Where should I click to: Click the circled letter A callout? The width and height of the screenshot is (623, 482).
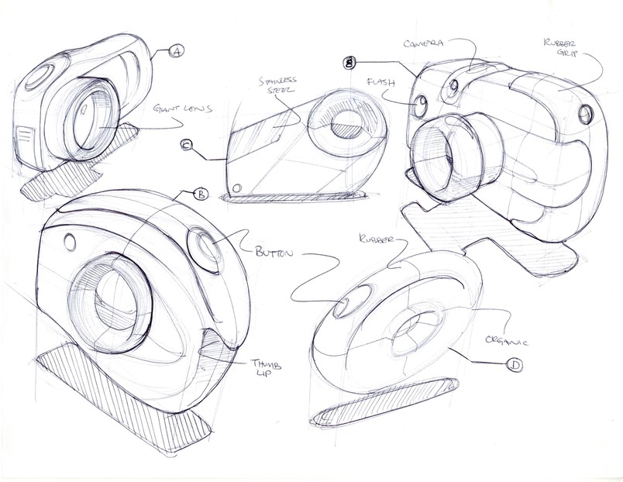pyautogui.click(x=176, y=51)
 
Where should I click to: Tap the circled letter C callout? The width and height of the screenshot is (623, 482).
pyautogui.click(x=186, y=146)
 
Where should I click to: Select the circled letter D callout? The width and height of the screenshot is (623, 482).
pyautogui.click(x=515, y=365)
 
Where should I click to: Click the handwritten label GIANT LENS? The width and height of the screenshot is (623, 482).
pyautogui.click(x=182, y=108)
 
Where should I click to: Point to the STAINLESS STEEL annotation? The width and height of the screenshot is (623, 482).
pyautogui.click(x=277, y=84)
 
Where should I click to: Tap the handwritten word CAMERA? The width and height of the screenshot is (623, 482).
pyautogui.click(x=423, y=43)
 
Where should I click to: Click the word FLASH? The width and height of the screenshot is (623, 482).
pyautogui.click(x=381, y=83)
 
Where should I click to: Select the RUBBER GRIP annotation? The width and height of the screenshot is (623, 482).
pyautogui.click(x=560, y=48)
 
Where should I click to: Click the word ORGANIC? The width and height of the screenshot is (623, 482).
pyautogui.click(x=507, y=339)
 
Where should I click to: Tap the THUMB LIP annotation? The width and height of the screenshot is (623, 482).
pyautogui.click(x=265, y=369)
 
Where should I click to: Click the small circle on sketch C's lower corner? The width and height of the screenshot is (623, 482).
pyautogui.click(x=237, y=188)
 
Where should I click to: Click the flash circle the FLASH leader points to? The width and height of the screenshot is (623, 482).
pyautogui.click(x=422, y=106)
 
